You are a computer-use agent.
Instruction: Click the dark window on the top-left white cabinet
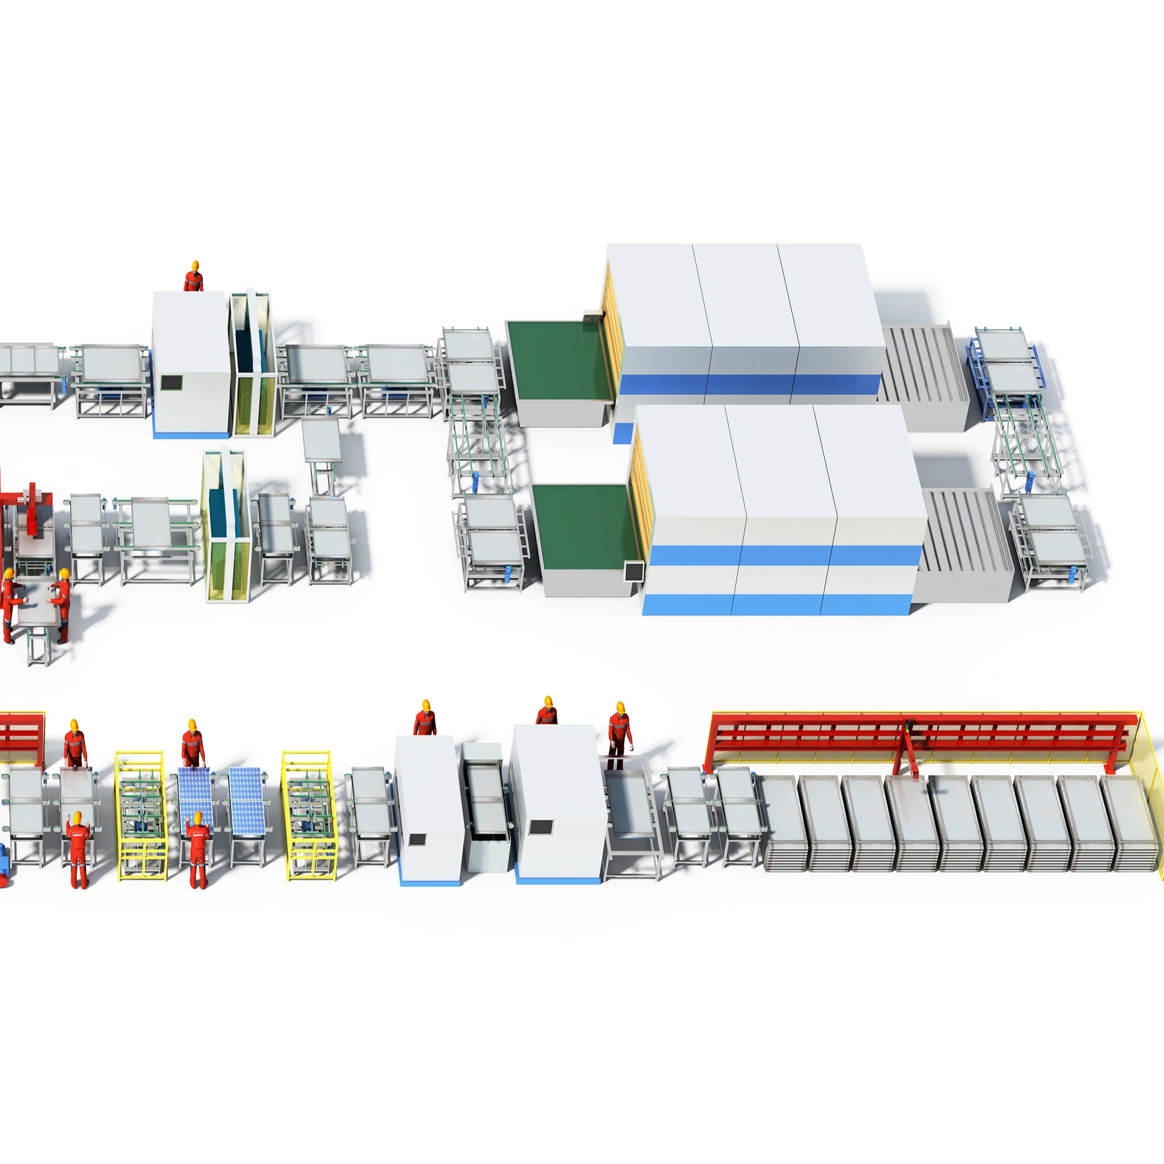pyautogui.click(x=171, y=382)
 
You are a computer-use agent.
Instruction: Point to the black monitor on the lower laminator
pyautogui.click(x=633, y=571)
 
